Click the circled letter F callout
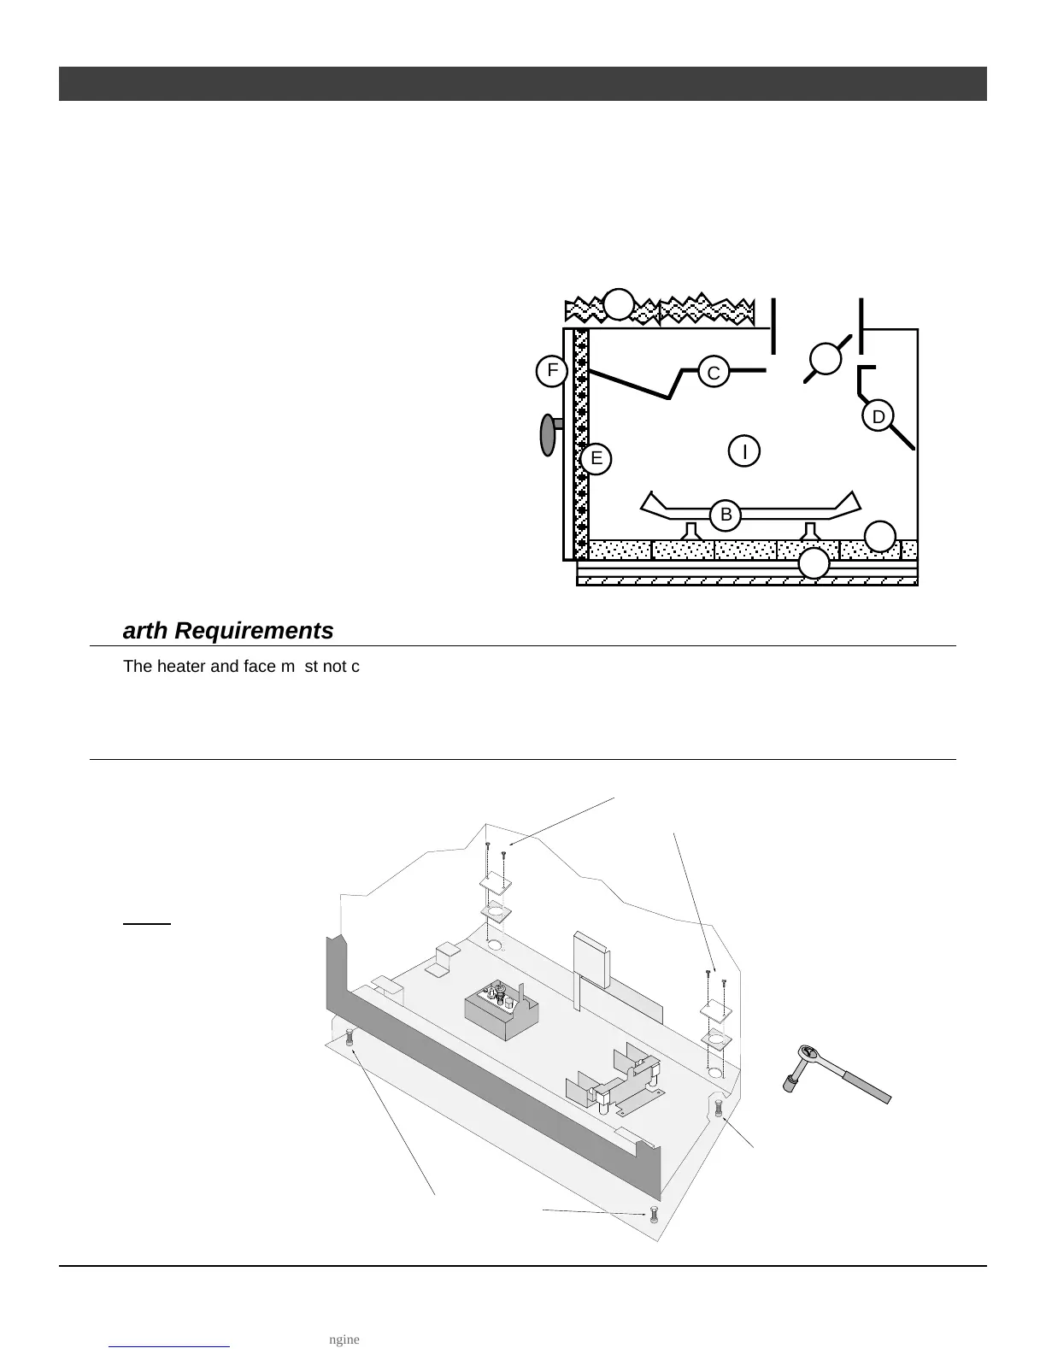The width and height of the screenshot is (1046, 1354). pos(552,371)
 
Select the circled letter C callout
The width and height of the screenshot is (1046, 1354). pos(714,373)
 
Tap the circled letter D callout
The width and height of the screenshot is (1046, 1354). pos(878,416)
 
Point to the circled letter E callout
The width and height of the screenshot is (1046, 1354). pos(596,458)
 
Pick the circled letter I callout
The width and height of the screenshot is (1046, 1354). pos(744,450)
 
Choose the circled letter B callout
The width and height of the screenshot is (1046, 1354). pos(726,515)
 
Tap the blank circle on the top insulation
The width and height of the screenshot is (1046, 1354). pos(619,304)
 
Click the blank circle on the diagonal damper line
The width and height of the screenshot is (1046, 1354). pos(826,359)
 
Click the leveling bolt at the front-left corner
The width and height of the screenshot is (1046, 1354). pos(350,1039)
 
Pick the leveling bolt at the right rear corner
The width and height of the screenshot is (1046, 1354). pos(718,1108)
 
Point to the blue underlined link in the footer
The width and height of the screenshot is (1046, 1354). pos(170,1339)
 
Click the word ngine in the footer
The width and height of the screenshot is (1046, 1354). pos(344,1339)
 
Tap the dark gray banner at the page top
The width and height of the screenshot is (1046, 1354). pos(522,84)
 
